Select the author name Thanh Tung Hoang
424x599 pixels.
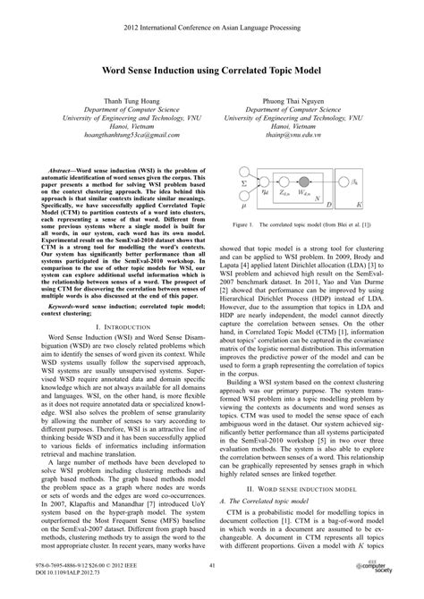(109, 100)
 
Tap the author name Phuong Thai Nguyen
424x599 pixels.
(313, 100)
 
